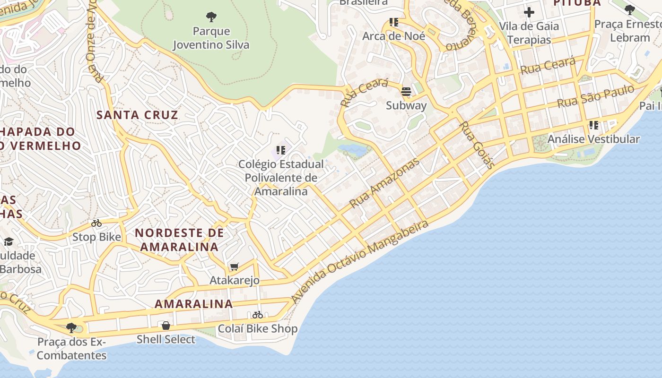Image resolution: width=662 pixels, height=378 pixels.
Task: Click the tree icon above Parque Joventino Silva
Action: coord(211,17)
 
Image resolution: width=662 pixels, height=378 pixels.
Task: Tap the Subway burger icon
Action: coord(406,91)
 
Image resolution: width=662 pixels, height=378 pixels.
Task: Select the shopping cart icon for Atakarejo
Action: coord(235,267)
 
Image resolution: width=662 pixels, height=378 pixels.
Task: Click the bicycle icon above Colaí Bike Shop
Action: coord(258,315)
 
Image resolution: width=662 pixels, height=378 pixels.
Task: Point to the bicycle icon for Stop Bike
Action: coord(96,223)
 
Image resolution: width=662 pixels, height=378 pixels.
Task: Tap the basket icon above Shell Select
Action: coord(166,326)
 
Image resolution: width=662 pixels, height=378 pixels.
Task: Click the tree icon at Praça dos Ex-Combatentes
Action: coord(71,327)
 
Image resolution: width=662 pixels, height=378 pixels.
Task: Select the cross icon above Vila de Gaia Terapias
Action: coord(529,12)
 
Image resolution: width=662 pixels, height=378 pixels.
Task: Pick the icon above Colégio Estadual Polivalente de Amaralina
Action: coord(281,150)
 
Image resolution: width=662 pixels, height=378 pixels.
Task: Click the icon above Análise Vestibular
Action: coord(594,125)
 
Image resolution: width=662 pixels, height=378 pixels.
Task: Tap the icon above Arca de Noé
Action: coord(394,22)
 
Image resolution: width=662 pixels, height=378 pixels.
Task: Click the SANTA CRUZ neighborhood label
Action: coord(137,115)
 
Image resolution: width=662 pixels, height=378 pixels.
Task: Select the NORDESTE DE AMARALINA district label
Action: coord(179,240)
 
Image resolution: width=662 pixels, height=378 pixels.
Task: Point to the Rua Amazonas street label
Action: coord(384,183)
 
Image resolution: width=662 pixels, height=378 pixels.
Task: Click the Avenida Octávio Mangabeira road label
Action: coord(359,262)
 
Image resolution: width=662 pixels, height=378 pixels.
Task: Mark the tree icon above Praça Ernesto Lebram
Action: coord(629,9)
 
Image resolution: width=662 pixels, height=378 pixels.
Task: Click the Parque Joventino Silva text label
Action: coord(211,38)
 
